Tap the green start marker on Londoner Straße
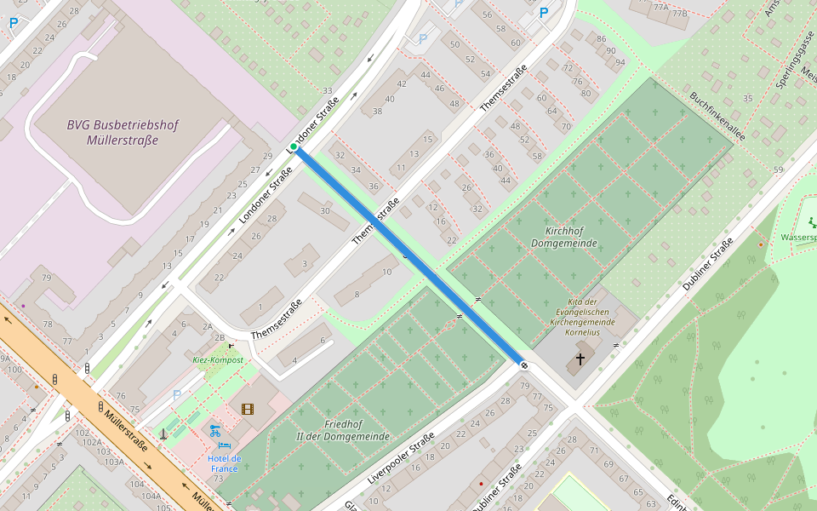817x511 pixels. coord(294,147)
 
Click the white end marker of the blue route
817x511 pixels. coord(523,365)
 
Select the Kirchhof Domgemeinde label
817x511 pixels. coord(563,238)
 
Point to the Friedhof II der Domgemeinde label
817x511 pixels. coord(343,430)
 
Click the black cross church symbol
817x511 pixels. coord(580,359)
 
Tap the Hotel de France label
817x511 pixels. coord(225,463)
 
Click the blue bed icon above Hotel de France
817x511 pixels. coord(225,445)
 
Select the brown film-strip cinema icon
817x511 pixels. coord(248,410)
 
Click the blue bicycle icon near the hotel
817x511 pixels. coord(214,430)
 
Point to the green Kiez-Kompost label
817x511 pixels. coord(218,360)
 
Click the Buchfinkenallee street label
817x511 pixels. coord(717,116)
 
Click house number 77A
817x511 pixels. coord(660,7)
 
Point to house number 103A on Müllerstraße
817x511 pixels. coord(114,461)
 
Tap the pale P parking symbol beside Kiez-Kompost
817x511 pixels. coord(177,395)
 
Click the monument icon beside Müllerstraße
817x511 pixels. coord(163,434)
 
